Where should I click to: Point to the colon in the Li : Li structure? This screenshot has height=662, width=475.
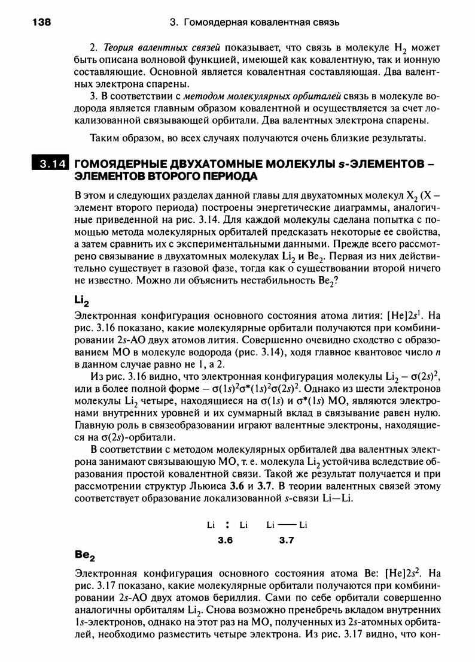[227, 526]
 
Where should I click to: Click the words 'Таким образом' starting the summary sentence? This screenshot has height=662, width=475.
[119, 139]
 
